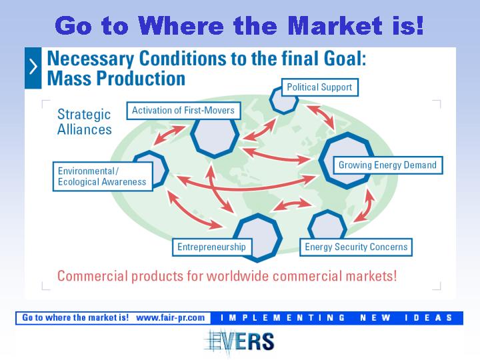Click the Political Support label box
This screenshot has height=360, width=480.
click(x=320, y=87)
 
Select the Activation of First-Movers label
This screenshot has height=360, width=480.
click(x=183, y=111)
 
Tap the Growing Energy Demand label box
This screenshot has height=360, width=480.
click(x=387, y=165)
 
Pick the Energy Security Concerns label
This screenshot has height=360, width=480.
click(x=356, y=247)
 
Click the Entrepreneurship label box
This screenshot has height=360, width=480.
click(x=212, y=247)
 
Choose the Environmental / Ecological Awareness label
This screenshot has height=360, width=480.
click(x=103, y=177)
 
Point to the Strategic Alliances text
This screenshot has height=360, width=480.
click(x=85, y=122)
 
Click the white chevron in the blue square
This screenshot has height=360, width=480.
click(x=33, y=67)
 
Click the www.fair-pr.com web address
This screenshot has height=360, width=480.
click(x=171, y=318)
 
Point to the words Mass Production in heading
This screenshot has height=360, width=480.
click(x=116, y=79)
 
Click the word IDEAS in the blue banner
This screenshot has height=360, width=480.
click(x=429, y=318)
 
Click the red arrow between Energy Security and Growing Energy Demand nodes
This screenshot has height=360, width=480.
click(x=365, y=206)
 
